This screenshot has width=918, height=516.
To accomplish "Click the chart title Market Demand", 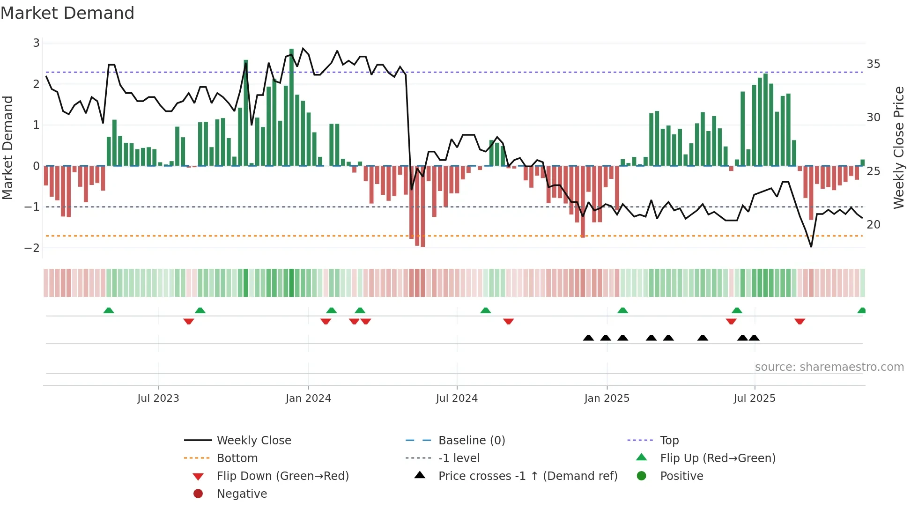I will coord(67,13).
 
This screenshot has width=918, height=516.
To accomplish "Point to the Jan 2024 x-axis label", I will coord(308,398).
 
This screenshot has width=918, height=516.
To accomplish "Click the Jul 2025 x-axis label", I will coord(754,398).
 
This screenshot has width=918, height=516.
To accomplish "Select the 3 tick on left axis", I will coord(36,43).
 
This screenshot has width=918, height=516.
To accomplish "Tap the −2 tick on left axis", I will coord(32,248).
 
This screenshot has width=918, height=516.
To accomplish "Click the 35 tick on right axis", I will coord(873,64).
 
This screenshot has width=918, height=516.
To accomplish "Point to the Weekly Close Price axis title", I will coord(898,147).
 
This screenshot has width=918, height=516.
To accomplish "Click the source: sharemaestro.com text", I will coord(829,367).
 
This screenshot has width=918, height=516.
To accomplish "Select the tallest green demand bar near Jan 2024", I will coord(291,108).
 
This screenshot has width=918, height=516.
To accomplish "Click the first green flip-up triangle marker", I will coord(109,310).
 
